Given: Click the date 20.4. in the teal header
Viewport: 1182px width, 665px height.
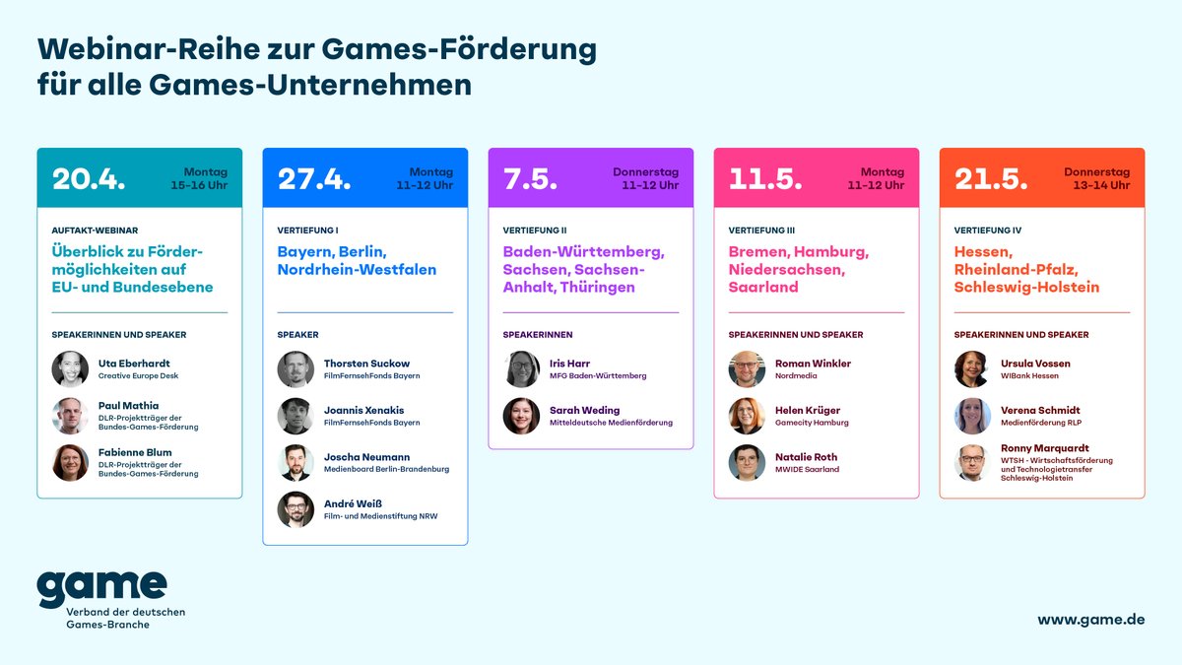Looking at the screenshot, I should [x=89, y=178].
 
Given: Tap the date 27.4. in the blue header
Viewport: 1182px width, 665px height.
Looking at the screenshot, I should [x=314, y=178].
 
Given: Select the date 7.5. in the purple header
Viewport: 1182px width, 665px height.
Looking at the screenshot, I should [x=530, y=178].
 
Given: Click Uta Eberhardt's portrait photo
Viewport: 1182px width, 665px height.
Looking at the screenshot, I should [x=70, y=368].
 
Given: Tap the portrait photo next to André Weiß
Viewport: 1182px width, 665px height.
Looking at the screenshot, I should [x=295, y=509].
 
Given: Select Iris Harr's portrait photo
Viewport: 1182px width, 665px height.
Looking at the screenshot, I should [x=521, y=368].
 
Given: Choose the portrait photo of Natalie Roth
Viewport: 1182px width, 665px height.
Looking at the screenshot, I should [x=747, y=463].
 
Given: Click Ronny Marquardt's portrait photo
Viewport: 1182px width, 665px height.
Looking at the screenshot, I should [x=972, y=463].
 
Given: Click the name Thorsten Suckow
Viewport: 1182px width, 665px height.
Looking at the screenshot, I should [x=366, y=364].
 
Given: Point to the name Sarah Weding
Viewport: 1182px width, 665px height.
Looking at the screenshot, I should [x=585, y=410].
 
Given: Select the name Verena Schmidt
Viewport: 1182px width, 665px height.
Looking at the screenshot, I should [x=1041, y=410].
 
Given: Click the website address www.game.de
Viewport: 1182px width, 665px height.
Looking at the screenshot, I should [x=1090, y=620].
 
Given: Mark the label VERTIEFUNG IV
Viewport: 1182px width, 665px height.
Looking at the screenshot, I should [x=988, y=231].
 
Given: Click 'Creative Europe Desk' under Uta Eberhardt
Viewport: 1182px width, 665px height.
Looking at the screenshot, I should [x=138, y=376].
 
